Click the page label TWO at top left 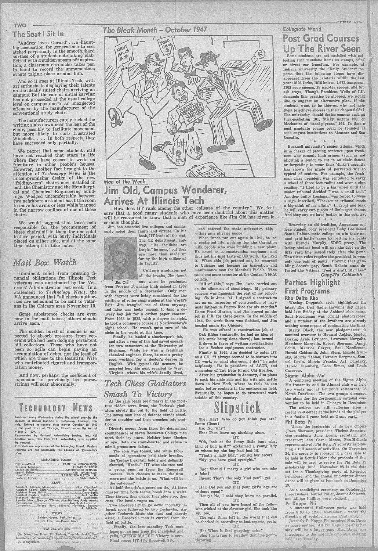coord(19,25)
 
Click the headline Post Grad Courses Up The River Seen coord(321,43)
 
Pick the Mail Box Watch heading coord(45,263)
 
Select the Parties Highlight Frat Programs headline coord(313,287)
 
